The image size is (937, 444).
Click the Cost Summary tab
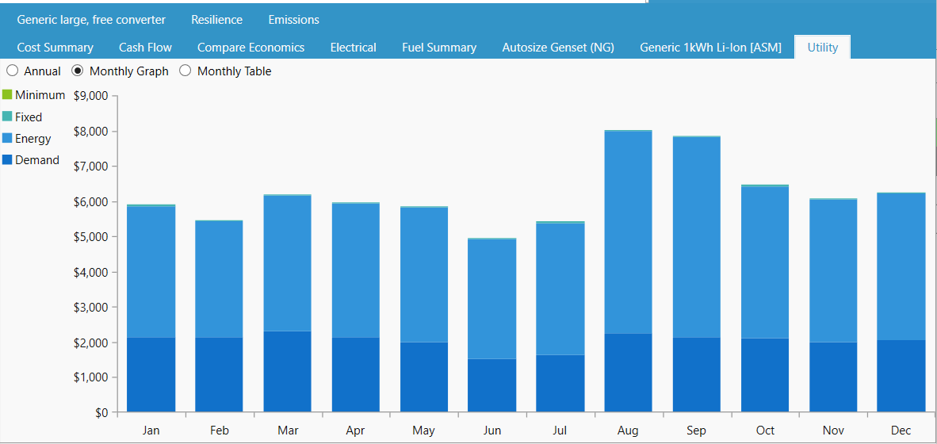(55, 48)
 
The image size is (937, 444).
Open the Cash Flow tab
(145, 48)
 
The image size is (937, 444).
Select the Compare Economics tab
(251, 48)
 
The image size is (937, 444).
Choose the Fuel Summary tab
(438, 48)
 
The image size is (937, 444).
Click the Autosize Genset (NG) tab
(557, 48)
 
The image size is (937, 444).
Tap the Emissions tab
(293, 19)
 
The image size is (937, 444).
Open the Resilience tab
(216, 19)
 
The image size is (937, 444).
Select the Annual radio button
(13, 71)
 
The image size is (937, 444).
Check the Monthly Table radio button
(185, 71)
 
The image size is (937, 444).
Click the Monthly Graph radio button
(78, 71)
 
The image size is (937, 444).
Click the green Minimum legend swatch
(7, 95)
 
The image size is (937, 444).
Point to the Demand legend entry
(36, 160)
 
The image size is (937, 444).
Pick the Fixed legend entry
(29, 117)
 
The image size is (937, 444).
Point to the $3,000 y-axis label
(91, 308)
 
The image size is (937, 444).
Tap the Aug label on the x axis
(628, 431)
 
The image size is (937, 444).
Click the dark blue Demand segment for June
(491, 385)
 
